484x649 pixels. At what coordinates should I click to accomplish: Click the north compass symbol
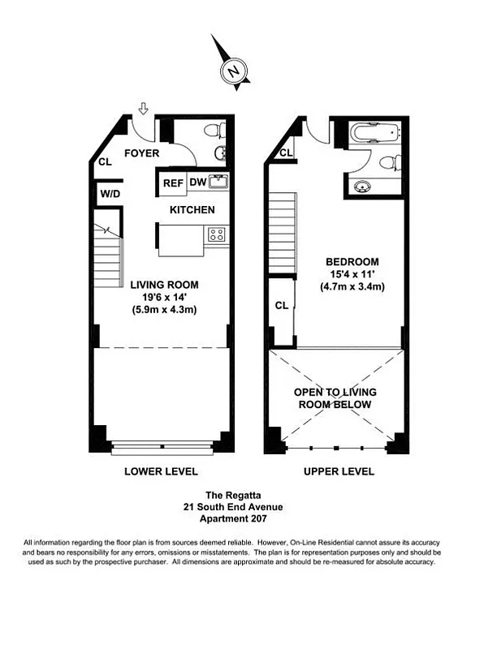(233, 71)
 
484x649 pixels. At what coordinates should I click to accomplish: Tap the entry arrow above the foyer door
(144, 108)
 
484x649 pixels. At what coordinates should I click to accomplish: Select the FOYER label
(140, 153)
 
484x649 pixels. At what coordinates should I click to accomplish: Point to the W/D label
(109, 194)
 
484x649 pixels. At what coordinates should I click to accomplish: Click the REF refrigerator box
(172, 183)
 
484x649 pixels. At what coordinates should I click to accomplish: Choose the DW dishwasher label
(197, 183)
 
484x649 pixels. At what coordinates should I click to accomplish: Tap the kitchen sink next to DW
(218, 182)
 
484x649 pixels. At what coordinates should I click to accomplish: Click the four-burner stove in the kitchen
(217, 235)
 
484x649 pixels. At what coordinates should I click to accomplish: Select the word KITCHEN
(192, 210)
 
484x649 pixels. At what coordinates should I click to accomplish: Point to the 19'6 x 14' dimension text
(164, 298)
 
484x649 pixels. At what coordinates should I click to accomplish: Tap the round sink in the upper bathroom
(364, 186)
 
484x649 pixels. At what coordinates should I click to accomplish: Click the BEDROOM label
(352, 262)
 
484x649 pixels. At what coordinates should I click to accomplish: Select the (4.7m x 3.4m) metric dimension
(352, 286)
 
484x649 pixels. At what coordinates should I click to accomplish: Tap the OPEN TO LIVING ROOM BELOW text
(335, 398)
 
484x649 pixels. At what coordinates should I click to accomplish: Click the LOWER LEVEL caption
(160, 471)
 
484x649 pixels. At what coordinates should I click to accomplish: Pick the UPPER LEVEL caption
(339, 471)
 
